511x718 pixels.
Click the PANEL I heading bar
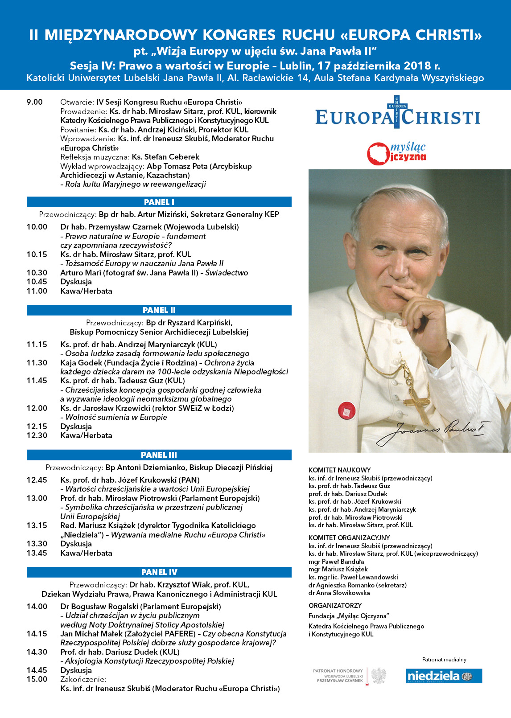coord(159,202)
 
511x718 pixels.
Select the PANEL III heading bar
coord(159,455)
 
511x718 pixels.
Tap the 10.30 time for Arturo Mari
coord(37,273)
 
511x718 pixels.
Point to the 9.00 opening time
coord(34,102)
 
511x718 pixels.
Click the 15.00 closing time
coord(37,679)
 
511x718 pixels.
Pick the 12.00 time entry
coord(37,408)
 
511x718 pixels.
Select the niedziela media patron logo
coord(444,676)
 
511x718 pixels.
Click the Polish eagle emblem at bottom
coord(379,675)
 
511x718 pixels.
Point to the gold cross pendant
coord(417,401)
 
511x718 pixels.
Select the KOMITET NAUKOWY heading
coord(339,470)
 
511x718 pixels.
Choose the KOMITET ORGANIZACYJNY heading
coord(349,537)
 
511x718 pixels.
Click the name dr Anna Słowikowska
coord(339,593)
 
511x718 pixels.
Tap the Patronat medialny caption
coord(444,659)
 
